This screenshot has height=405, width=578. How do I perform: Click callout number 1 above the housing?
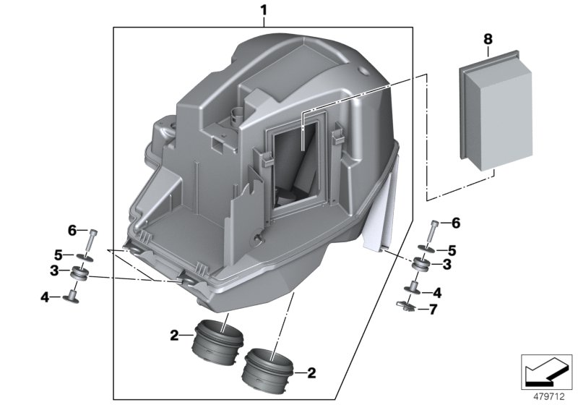click(x=264, y=10)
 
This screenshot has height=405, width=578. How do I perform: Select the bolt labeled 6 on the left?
click(x=93, y=238)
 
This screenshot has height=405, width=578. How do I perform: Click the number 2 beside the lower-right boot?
click(x=311, y=374)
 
